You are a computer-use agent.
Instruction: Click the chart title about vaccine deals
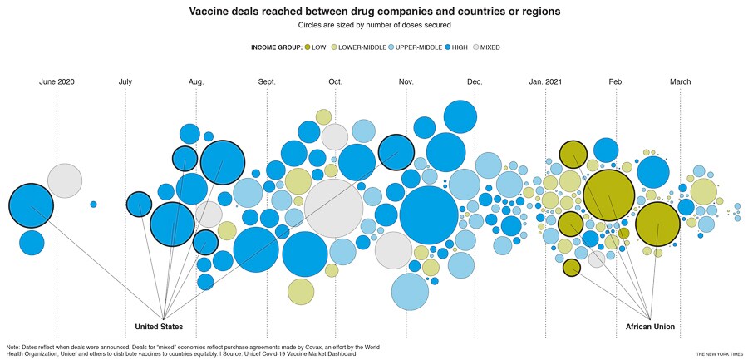(374, 12)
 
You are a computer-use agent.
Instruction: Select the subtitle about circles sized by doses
(374, 27)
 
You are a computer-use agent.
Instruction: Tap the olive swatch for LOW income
(308, 47)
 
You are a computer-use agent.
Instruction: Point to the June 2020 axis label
(57, 81)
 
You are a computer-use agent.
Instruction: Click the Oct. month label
(335, 81)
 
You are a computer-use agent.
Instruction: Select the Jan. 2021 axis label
(545, 81)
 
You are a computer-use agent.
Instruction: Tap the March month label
(680, 81)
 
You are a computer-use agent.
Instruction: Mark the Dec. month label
(475, 81)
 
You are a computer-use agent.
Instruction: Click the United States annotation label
(159, 327)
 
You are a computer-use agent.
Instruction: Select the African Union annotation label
(650, 327)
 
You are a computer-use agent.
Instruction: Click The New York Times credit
(719, 353)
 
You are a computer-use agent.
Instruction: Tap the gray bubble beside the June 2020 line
(65, 180)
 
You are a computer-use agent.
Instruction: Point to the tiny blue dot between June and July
(93, 205)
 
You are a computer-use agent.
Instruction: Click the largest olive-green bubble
(609, 195)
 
